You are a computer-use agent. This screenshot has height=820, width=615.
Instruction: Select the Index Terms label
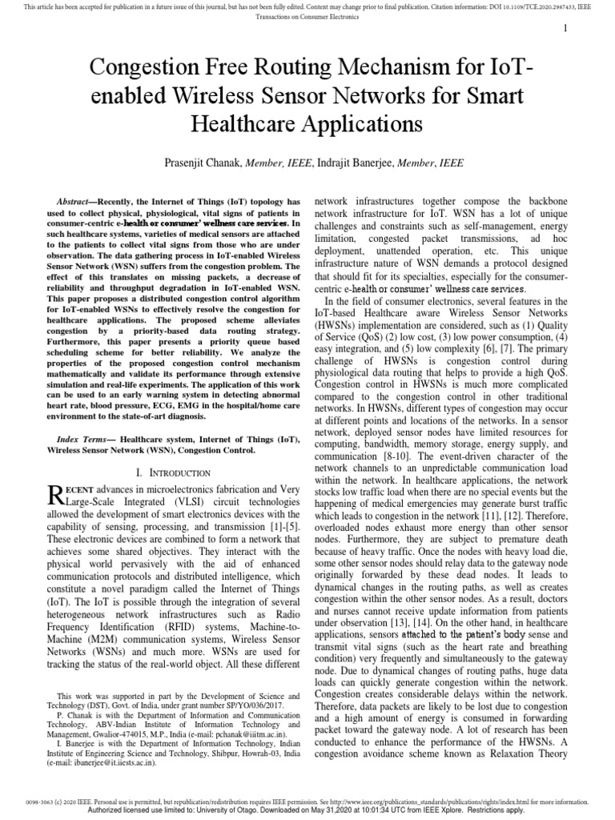tap(86, 439)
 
